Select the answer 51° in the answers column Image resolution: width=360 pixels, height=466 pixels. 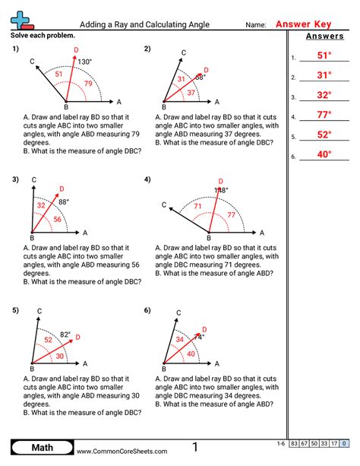coord(324,55)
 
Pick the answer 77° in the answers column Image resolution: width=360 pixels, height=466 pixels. coord(324,115)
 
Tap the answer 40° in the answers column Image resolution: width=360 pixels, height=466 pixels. coord(324,154)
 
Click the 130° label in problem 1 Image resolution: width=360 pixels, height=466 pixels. coord(84,62)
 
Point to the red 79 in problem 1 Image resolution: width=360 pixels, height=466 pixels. coord(89,84)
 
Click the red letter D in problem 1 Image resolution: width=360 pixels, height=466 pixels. coord(76,50)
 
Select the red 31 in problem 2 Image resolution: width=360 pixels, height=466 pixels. coord(182,79)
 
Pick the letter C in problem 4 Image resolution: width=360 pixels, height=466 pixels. coord(165,204)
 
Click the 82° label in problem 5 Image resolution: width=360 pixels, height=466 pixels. coord(65,334)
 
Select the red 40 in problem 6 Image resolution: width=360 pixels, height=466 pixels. coord(191,353)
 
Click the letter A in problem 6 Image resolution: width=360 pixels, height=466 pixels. coord(216,364)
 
